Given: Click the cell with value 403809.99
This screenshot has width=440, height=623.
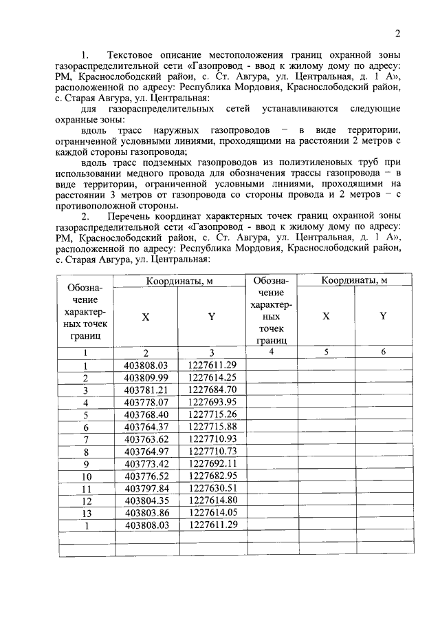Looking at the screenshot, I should pyautogui.click(x=146, y=377).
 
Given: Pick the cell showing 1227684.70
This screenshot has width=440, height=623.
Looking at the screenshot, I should pyautogui.click(x=212, y=390).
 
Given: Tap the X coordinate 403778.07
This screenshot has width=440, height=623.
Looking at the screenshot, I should pyautogui.click(x=146, y=402).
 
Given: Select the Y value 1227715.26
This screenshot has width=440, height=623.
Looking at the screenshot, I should pyautogui.click(x=212, y=414).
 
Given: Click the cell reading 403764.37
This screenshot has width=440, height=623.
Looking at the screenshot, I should pyautogui.click(x=146, y=427).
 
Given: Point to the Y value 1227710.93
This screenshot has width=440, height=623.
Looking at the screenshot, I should pyautogui.click(x=212, y=439).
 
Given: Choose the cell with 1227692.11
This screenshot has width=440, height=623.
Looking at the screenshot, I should pyautogui.click(x=212, y=463).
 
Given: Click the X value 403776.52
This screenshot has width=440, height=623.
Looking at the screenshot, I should pyautogui.click(x=146, y=476).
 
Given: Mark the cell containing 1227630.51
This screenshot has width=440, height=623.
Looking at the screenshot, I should pyautogui.click(x=212, y=488).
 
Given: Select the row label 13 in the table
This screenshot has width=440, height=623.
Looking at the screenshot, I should pyautogui.click(x=87, y=513).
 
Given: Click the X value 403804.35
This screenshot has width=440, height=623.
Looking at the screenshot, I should pyautogui.click(x=146, y=500).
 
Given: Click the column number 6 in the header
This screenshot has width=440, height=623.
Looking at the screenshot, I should pyautogui.click(x=383, y=352).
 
